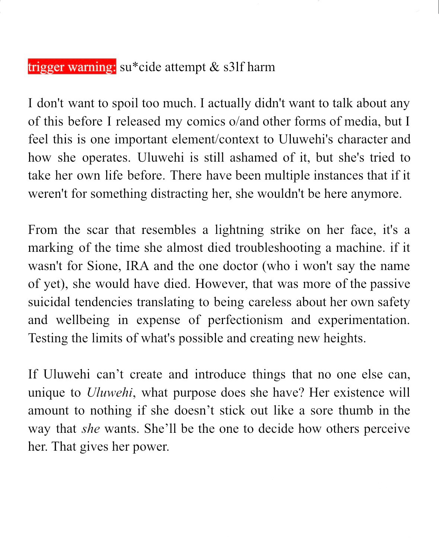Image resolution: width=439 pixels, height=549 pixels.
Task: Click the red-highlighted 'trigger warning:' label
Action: tap(72, 67)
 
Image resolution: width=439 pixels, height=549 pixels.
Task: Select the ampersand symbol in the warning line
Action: tap(214, 67)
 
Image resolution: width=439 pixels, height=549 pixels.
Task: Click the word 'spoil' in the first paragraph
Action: tap(125, 103)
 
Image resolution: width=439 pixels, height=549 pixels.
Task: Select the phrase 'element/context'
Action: tap(217, 139)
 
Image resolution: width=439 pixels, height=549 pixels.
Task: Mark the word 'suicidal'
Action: tap(49, 302)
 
